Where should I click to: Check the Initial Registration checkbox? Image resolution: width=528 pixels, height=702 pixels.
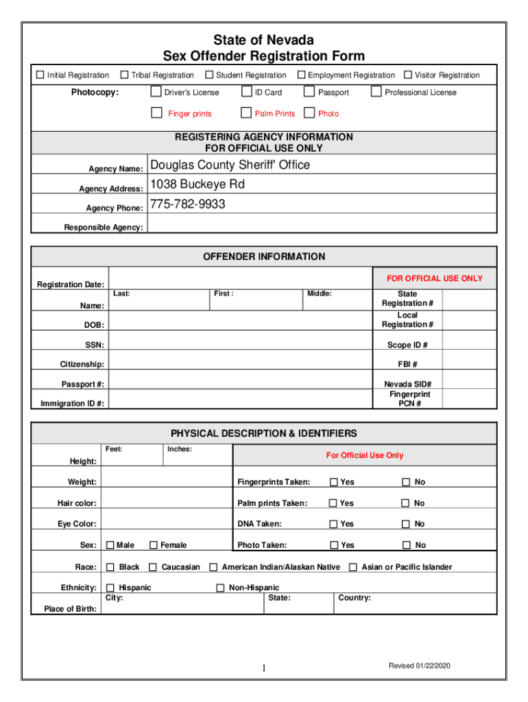[40, 75]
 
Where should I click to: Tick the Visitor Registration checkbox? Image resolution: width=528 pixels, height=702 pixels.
[408, 75]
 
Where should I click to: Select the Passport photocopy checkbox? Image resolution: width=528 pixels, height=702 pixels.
[309, 92]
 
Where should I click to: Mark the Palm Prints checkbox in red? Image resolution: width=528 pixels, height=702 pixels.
[246, 113]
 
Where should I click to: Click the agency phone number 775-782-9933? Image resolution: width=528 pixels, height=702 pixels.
[187, 204]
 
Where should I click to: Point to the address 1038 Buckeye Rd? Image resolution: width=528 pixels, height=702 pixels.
[197, 184]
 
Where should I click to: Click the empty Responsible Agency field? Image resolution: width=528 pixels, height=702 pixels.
[321, 223]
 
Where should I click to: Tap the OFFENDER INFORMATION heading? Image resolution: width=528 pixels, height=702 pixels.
[264, 256]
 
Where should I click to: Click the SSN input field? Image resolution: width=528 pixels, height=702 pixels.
[240, 344]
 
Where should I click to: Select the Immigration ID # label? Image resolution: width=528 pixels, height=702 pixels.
[73, 404]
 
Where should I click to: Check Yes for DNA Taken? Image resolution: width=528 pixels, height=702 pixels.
[334, 524]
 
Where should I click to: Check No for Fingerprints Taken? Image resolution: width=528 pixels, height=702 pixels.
[406, 482]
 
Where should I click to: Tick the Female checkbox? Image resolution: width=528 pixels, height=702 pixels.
[153, 545]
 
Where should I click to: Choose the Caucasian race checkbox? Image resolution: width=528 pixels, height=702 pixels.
[154, 567]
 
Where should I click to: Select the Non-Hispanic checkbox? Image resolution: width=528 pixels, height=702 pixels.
[221, 588]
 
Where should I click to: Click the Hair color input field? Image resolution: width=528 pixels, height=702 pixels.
[166, 503]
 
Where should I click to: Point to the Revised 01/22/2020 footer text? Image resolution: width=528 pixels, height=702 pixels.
[420, 666]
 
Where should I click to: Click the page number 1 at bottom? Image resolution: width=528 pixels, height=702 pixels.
[263, 668]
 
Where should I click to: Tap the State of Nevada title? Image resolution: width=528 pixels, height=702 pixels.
[264, 40]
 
